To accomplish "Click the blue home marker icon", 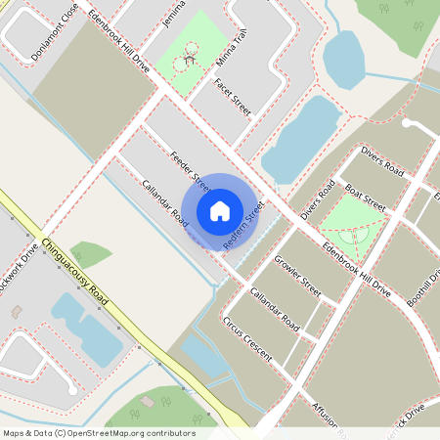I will [x=220, y=210].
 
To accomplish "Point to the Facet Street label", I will [x=233, y=97].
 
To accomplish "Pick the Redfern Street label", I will [x=245, y=224].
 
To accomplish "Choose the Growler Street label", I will [x=297, y=276].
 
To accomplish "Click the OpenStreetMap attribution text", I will [x=98, y=433].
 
